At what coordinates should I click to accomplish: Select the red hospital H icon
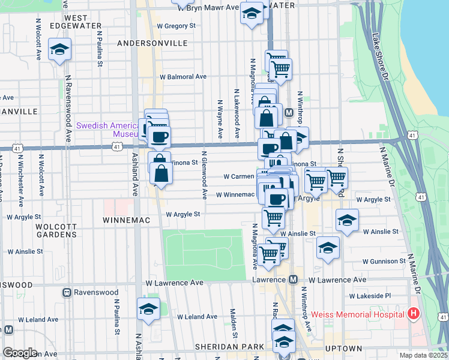[x=413, y=313]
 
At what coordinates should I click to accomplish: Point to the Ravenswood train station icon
[x=67, y=293]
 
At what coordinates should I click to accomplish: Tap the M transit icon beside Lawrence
[x=294, y=280]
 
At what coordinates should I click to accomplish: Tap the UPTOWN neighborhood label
[x=343, y=348]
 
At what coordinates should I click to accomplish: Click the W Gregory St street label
[x=176, y=26]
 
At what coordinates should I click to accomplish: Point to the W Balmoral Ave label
[x=182, y=77]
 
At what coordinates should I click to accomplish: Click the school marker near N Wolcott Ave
[x=59, y=50]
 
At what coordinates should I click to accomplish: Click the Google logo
[x=19, y=353]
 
